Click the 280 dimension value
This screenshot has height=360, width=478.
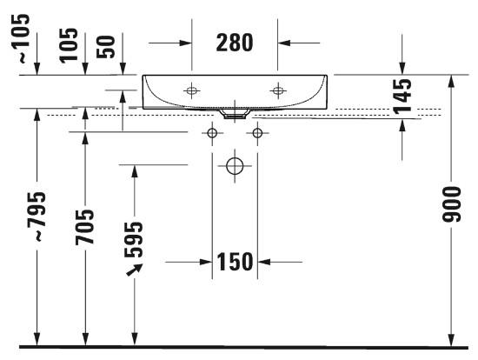(235, 43)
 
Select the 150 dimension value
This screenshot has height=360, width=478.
(235, 262)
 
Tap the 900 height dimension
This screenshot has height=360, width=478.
(451, 204)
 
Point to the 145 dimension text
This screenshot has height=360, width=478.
(402, 97)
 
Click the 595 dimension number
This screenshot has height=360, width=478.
(134, 240)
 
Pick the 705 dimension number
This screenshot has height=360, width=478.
(85, 227)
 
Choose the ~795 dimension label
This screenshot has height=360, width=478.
(37, 217)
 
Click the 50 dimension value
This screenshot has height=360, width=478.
(105, 47)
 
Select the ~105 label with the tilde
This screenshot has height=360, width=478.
(21, 38)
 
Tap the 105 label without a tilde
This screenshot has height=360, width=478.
(69, 45)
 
